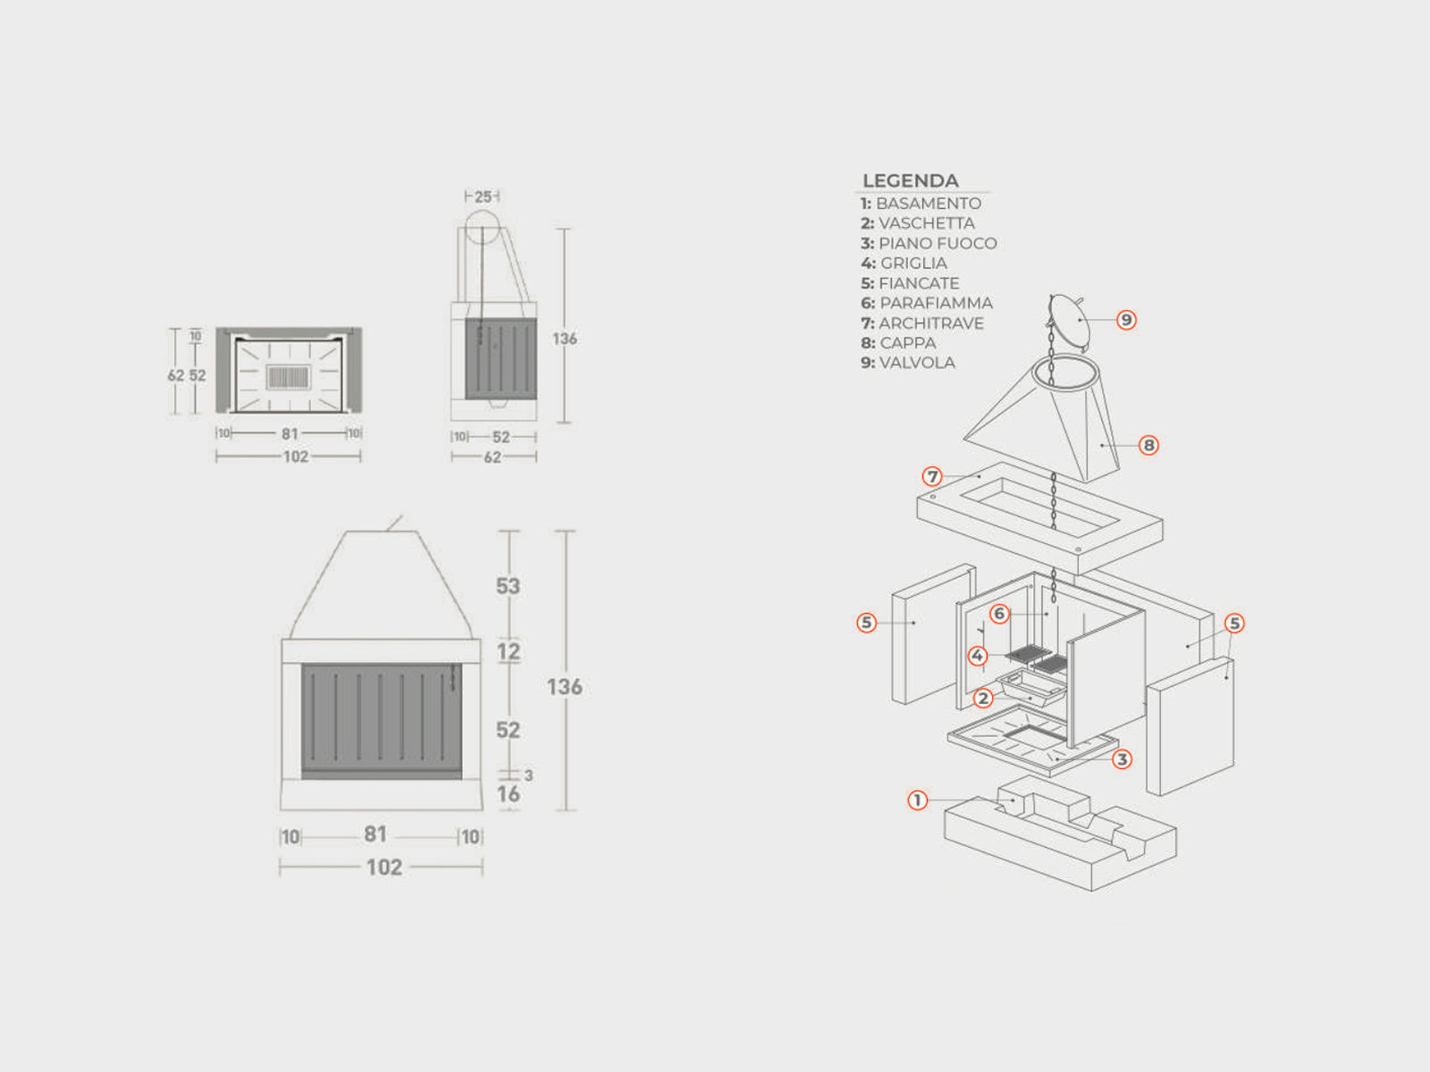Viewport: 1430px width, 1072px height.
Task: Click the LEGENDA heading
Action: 910,181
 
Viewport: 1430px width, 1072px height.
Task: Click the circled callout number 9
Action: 1126,320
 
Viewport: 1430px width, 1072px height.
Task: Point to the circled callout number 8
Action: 1148,445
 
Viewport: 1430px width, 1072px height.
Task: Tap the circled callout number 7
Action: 932,476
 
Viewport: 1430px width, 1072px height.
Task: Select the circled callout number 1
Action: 917,800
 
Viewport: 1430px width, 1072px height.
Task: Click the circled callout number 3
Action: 1122,759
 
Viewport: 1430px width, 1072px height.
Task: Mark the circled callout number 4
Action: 977,656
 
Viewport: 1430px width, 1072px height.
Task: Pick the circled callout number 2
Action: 982,699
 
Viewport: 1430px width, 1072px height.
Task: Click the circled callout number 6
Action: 999,613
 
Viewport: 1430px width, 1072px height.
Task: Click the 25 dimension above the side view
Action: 483,197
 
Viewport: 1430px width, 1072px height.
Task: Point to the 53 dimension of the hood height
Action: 509,586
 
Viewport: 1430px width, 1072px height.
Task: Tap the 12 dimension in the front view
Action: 509,651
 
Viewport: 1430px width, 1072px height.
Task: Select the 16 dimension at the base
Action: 509,794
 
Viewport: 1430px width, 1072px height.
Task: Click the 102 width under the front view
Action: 384,867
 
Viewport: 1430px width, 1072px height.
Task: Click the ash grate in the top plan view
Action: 288,377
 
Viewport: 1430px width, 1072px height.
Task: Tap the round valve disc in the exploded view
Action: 1069,319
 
